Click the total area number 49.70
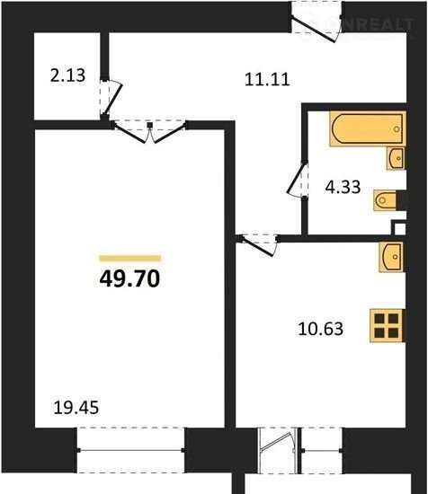(x=129, y=278)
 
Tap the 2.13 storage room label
(x=67, y=75)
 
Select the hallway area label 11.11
(x=267, y=79)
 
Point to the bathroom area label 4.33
(x=343, y=187)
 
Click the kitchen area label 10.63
(x=320, y=329)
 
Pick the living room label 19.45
(x=76, y=408)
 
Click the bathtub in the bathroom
(x=368, y=128)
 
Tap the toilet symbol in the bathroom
(x=385, y=200)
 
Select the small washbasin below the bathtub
(x=396, y=158)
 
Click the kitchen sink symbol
(x=391, y=257)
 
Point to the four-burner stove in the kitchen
(x=387, y=325)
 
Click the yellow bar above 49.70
(x=130, y=259)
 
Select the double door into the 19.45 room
(x=149, y=133)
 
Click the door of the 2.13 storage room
(x=111, y=97)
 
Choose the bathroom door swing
(x=297, y=180)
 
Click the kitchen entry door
(x=260, y=246)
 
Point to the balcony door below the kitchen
(x=277, y=450)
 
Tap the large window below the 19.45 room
(x=130, y=450)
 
